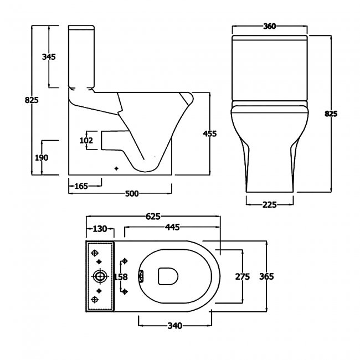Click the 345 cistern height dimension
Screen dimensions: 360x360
49,56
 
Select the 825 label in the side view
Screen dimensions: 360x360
32,100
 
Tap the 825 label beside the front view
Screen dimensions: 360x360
331,114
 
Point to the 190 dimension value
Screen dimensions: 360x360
42,158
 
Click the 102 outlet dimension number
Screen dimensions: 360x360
86,140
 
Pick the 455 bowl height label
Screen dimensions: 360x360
209,133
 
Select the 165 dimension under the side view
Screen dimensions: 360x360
81,186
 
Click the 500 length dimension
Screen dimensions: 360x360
132,193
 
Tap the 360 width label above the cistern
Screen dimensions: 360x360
269,27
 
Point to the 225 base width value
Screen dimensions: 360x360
270,204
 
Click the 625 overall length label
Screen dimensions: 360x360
153,216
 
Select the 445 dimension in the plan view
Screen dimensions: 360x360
172,227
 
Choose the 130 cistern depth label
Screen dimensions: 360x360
100,229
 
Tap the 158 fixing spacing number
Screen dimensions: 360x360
121,277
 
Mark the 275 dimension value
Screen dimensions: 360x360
242,277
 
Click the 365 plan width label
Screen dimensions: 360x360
266,276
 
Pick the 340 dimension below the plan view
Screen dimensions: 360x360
174,326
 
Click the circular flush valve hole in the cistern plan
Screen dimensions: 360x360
100,276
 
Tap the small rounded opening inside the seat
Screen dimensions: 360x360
168,276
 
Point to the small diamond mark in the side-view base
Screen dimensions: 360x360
116,168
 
